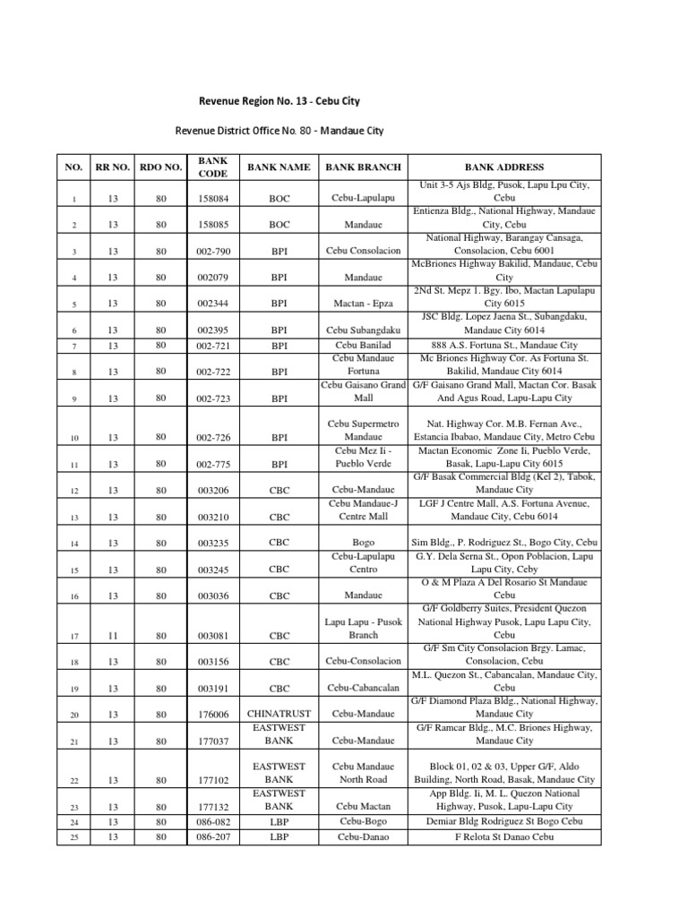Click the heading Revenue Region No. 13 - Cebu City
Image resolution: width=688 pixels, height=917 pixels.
click(x=279, y=101)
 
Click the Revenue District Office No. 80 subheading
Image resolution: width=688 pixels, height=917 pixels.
click(x=279, y=131)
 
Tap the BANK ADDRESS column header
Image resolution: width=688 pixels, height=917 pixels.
click(x=503, y=167)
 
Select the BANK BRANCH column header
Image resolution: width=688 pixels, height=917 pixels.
click(x=363, y=167)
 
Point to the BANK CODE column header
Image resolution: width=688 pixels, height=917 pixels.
click(x=213, y=167)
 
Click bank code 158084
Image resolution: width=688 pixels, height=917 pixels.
click(x=213, y=198)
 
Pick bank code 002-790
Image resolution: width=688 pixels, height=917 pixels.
click(x=213, y=252)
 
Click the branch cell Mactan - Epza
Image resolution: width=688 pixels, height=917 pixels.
click(x=363, y=304)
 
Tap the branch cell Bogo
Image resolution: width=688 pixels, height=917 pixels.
click(x=363, y=543)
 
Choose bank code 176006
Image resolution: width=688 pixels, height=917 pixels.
click(x=213, y=715)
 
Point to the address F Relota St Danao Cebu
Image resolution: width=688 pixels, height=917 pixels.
click(x=503, y=837)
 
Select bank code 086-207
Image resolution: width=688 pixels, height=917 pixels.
click(x=213, y=837)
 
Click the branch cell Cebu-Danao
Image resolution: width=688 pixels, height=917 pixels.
click(x=363, y=837)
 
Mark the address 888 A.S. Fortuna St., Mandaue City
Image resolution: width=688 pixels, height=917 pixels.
click(x=503, y=345)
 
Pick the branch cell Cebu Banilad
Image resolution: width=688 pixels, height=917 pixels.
click(x=363, y=345)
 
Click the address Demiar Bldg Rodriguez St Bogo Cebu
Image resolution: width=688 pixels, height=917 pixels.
click(x=503, y=820)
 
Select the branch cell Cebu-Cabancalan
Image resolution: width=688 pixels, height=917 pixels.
click(x=363, y=689)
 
